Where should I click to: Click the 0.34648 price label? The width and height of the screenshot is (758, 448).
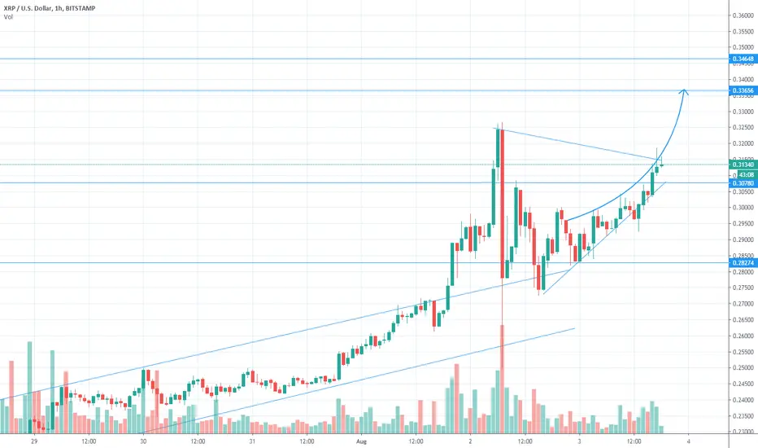click(x=742, y=59)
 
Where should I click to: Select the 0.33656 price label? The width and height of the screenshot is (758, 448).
click(x=742, y=90)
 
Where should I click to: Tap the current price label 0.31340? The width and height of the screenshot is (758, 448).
click(x=742, y=165)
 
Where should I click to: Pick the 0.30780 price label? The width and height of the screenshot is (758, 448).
click(x=742, y=183)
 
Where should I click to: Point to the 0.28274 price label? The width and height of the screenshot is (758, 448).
click(x=742, y=263)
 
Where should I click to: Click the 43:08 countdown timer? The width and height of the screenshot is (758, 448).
click(x=743, y=173)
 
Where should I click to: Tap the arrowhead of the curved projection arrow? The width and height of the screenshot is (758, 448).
click(x=686, y=91)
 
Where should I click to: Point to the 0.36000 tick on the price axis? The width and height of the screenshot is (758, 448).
click(x=742, y=16)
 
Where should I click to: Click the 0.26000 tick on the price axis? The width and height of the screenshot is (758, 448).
click(x=742, y=336)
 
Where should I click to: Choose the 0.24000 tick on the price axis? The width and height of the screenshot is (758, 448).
click(x=742, y=399)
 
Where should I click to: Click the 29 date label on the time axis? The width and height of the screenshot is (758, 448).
click(x=34, y=441)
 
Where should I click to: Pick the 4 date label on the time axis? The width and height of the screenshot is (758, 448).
click(x=688, y=441)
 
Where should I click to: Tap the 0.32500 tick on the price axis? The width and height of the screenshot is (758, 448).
click(x=742, y=128)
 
